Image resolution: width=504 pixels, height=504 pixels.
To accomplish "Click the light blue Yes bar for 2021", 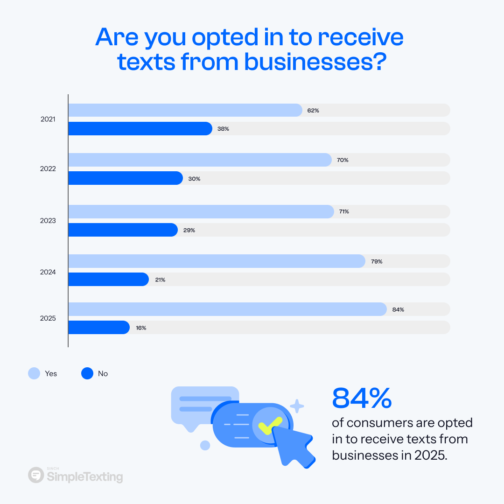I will tap(185, 110).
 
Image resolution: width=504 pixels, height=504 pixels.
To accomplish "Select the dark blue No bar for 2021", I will tap(140, 129).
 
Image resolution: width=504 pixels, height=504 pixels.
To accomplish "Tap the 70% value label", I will tap(343, 160).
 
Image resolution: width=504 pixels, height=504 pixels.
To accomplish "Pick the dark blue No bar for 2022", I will tap(125, 178).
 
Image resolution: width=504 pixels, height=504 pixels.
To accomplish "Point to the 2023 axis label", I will tap(48, 221).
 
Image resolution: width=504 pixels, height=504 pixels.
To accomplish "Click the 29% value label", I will tap(189, 230).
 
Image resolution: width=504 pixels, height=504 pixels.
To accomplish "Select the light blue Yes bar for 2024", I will tap(217, 261).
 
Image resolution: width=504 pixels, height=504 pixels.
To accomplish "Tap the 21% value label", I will tap(160, 280).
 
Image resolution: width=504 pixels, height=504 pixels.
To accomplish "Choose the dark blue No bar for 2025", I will tap(98, 328).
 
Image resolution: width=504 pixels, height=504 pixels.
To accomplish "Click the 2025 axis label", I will tap(48, 319).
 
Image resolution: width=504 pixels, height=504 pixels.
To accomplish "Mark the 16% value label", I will tap(141, 328).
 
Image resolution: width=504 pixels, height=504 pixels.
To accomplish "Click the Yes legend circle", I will tap(35, 373).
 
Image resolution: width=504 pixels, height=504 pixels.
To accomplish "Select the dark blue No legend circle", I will tap(87, 373).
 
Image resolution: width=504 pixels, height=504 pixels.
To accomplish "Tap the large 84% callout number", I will tap(362, 398).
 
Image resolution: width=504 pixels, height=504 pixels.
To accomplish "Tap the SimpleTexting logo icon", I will tap(35, 475).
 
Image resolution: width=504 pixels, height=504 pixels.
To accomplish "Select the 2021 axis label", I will tap(48, 119).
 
